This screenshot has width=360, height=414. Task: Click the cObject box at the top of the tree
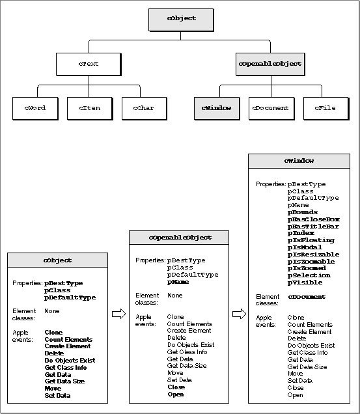181,20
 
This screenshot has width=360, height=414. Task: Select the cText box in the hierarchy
89,64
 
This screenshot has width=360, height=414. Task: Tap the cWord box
35,109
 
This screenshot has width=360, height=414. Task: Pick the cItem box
90,109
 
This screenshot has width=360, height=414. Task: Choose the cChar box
145,109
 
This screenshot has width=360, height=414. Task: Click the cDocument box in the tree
271,109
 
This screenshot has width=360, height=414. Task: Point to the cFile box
326,109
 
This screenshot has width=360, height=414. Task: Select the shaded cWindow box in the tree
217,109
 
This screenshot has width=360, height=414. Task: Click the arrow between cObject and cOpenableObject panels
119,314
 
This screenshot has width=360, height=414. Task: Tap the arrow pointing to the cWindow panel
240,314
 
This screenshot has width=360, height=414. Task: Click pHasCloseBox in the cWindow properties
314,219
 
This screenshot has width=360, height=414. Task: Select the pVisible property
305,283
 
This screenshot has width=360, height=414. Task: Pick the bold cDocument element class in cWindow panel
307,297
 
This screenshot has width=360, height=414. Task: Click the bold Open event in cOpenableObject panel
176,394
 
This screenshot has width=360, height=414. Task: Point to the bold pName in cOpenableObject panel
178,282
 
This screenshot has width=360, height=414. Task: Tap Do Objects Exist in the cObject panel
70,361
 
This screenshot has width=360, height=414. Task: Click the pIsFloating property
311,240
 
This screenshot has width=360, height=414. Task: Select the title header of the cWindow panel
299,161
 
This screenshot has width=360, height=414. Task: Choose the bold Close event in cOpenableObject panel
176,387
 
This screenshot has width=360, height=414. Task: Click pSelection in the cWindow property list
309,275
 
